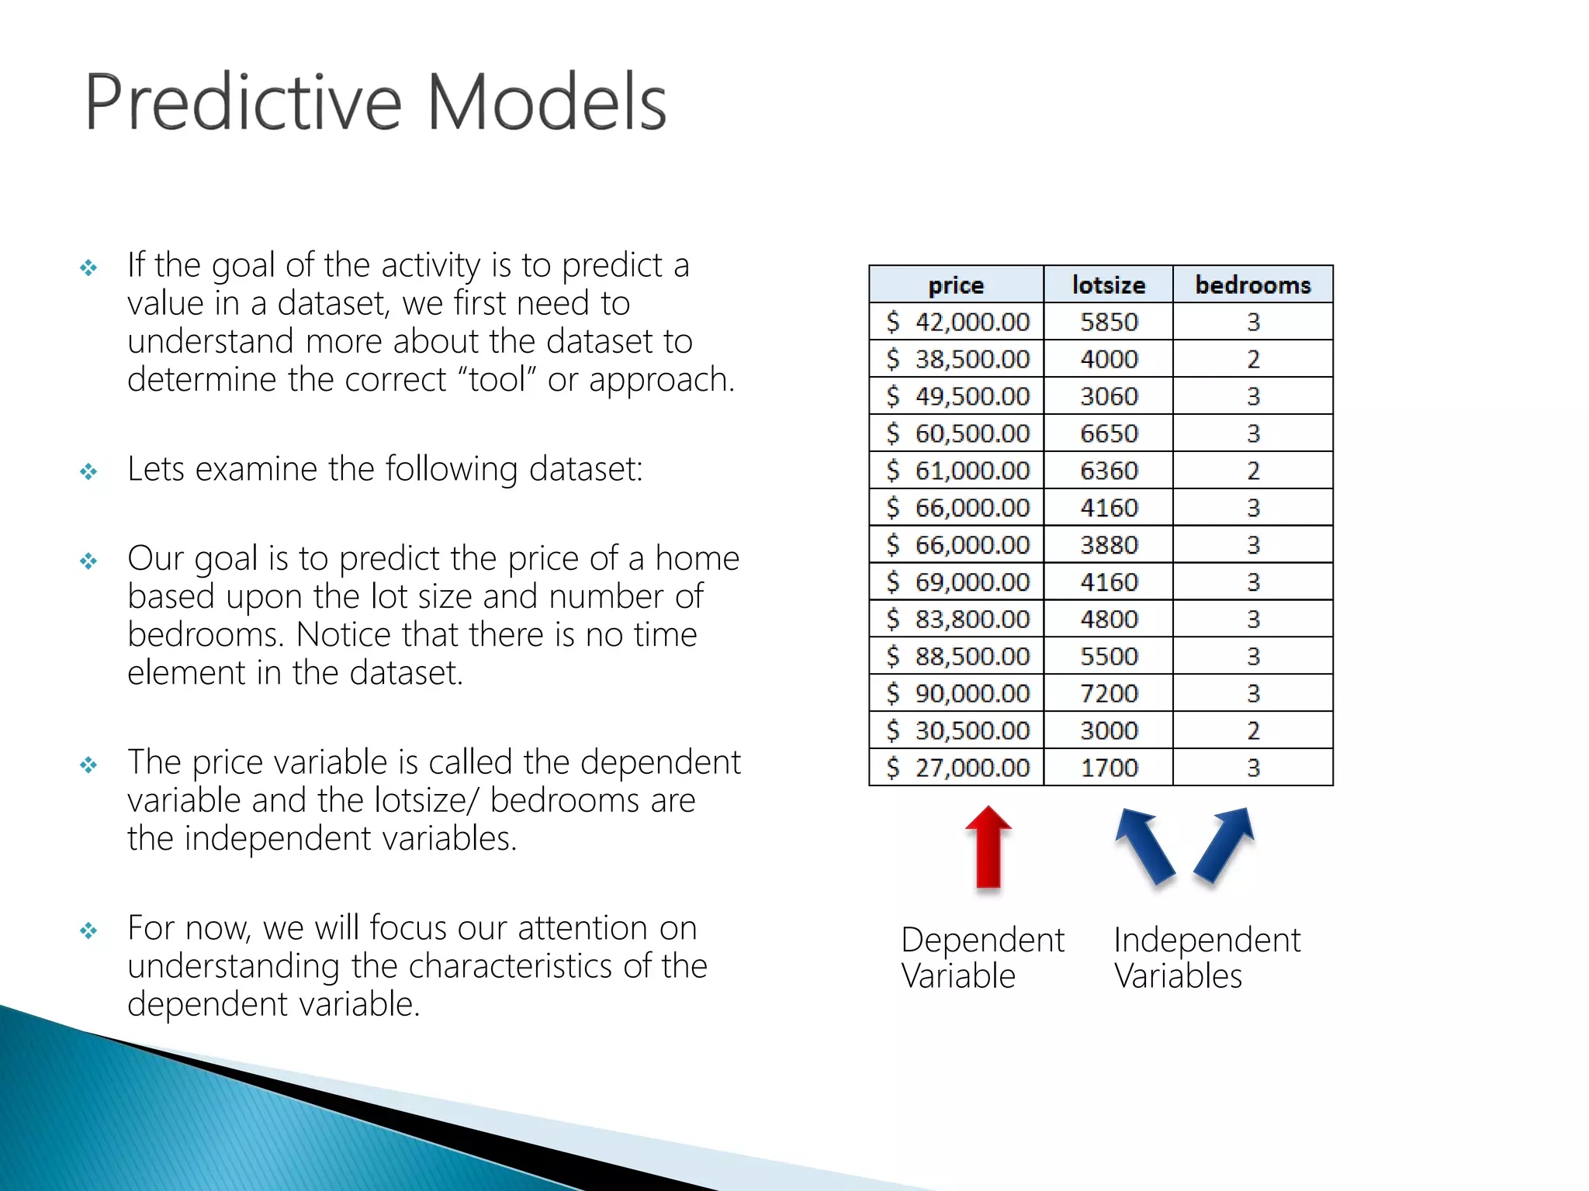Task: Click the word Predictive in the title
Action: tap(243, 102)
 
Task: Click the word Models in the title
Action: tap(547, 102)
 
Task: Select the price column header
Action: tap(956, 285)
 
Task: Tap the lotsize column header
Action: tap(1108, 285)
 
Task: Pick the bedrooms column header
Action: tap(1252, 285)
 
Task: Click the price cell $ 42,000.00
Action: tap(958, 322)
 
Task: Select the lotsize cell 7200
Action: tap(1109, 693)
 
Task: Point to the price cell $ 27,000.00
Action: tap(958, 768)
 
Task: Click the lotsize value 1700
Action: tap(1109, 768)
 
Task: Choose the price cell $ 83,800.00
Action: tap(958, 619)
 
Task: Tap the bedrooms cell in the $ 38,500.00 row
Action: tap(1253, 359)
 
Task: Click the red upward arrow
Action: tap(988, 848)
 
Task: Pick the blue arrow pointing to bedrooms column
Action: tap(1224, 845)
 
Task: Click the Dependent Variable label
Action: tap(981, 958)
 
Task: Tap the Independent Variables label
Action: tap(1206, 958)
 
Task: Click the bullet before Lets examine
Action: tap(88, 471)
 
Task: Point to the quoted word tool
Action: tap(497, 380)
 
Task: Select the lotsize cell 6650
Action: tap(1109, 433)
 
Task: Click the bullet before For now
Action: tap(88, 930)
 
